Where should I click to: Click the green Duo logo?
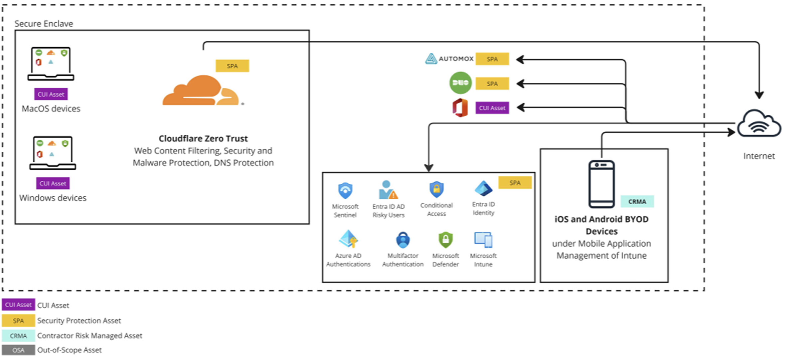[460, 83]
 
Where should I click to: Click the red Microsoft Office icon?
[460, 107]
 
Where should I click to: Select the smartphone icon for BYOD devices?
[601, 184]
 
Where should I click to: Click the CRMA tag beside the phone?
[637, 201]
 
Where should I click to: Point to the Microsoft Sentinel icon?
[345, 191]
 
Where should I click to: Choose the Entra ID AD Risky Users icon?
[388, 190]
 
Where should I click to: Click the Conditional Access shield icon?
[436, 190]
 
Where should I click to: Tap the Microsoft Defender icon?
[445, 240]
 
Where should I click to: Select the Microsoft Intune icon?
[483, 240]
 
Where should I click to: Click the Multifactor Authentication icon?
[403, 240]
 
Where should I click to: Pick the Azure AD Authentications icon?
[348, 239]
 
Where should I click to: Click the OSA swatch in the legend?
[18, 350]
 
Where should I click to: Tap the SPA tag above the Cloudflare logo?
[232, 66]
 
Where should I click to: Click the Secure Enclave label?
[44, 24]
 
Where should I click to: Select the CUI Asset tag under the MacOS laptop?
[51, 94]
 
